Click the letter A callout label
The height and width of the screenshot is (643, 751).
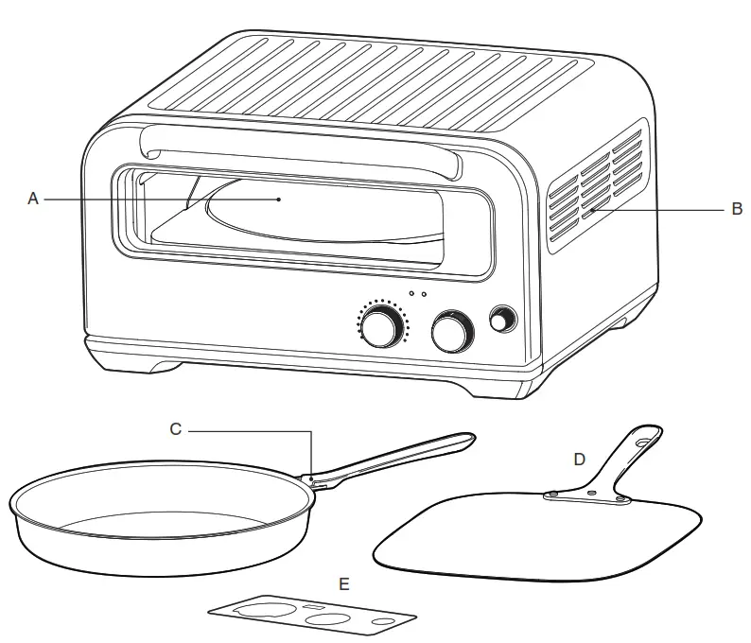[32, 200]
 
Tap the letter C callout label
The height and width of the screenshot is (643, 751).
[175, 428]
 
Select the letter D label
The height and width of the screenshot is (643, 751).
[580, 459]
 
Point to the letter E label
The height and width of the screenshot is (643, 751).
[344, 584]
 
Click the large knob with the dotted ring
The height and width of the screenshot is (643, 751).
[382, 327]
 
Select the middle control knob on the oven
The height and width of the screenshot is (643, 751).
[451, 330]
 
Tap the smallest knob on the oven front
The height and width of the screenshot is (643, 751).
[500, 320]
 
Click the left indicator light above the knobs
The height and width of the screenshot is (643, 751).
[411, 294]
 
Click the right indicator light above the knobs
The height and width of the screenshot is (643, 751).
[425, 294]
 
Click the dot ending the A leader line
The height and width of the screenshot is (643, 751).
[278, 200]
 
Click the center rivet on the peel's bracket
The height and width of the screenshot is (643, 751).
[590, 493]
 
